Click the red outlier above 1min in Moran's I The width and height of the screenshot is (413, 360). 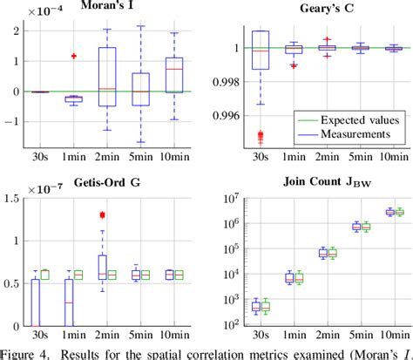tap(73, 56)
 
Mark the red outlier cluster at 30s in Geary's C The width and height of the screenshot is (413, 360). tap(260, 134)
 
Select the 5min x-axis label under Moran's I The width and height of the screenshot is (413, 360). tap(141, 160)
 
